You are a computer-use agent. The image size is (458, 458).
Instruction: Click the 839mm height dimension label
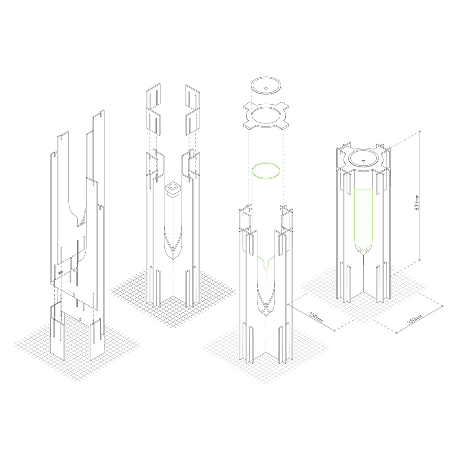pyautogui.click(x=417, y=203)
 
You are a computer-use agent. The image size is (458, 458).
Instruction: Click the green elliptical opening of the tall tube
pyautogui.click(x=267, y=172)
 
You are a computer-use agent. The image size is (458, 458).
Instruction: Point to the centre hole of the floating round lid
pyautogui.click(x=265, y=88)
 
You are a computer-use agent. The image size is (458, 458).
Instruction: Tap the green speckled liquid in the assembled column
pyautogui.click(x=364, y=216)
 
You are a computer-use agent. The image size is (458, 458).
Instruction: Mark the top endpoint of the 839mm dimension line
pyautogui.click(x=419, y=132)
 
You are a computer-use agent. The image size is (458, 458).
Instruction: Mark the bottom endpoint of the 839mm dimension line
pyautogui.click(x=419, y=260)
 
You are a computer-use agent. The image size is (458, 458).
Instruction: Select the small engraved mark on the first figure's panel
pyautogui.click(x=60, y=273)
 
